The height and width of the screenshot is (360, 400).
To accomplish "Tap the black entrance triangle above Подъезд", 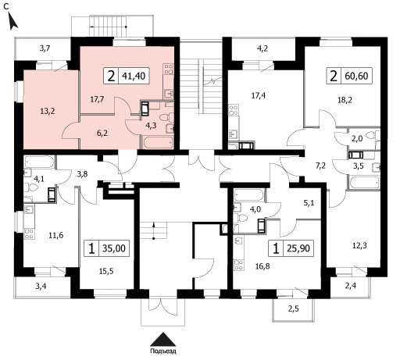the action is pyautogui.click(x=163, y=339).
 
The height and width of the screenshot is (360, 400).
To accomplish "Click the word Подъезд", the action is pyautogui.click(x=163, y=351).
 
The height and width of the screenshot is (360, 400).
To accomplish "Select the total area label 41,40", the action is pyautogui.click(x=134, y=76).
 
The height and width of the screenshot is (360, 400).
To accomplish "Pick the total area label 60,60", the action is pyautogui.click(x=356, y=76).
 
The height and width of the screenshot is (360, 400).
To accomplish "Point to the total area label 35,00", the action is pyautogui.click(x=114, y=248).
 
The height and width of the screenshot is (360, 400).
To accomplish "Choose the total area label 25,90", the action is pyautogui.click(x=298, y=248).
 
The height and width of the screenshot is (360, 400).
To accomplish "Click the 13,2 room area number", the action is pyautogui.click(x=48, y=112).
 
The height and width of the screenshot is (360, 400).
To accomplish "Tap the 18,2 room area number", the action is pyautogui.click(x=345, y=100).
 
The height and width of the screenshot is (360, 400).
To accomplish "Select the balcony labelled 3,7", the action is pyautogui.click(x=45, y=48).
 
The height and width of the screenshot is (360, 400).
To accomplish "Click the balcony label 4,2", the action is pyautogui.click(x=262, y=48).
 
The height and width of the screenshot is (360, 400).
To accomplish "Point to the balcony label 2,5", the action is pyautogui.click(x=293, y=308).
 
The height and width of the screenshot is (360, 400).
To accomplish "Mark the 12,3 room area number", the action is pyautogui.click(x=359, y=245).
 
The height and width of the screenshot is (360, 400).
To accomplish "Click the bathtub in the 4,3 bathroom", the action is pyautogui.click(x=157, y=142).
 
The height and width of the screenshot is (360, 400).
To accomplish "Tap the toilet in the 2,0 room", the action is pyautogui.click(x=373, y=135).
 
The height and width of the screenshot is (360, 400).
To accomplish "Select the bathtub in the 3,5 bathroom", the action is pyautogui.click(x=364, y=182).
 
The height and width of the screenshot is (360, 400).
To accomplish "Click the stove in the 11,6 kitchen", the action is pyautogui.click(x=29, y=233).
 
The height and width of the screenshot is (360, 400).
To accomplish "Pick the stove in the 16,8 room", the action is pyautogui.click(x=239, y=266).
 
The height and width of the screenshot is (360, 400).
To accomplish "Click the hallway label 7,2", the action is pyautogui.click(x=320, y=166).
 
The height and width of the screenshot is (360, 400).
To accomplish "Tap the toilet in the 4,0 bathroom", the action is pyautogui.click(x=241, y=218).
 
